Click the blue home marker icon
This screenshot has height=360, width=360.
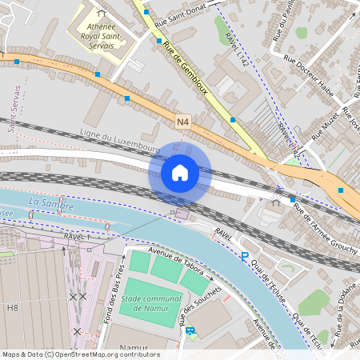(x=180, y=172)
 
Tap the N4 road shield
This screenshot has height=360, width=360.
(x=184, y=122)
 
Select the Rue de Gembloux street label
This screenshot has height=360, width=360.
(x=185, y=70)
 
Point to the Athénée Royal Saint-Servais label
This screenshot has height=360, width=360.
(x=102, y=30)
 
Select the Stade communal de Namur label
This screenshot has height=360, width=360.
(x=152, y=303)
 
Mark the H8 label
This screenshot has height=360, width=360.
(x=12, y=306)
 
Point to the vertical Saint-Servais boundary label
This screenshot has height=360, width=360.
(x=14, y=110)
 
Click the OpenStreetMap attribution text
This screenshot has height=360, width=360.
(x=80, y=354)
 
